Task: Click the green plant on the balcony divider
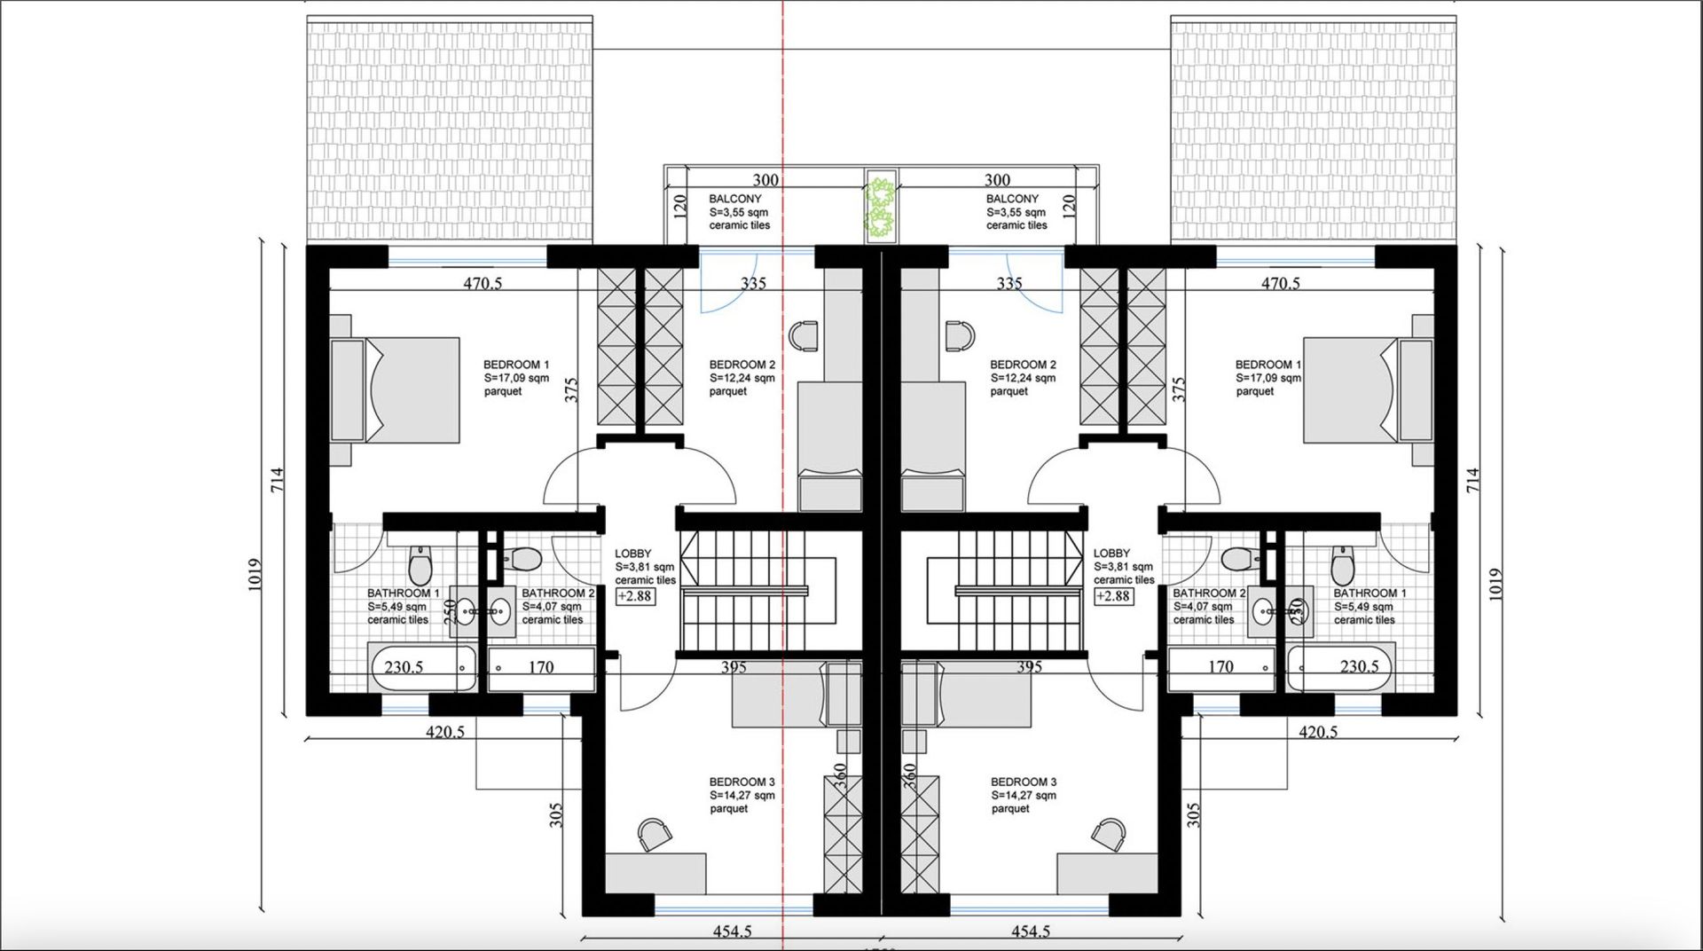coord(880,206)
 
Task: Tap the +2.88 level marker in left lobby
coord(635,596)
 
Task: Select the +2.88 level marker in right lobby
coord(1113,596)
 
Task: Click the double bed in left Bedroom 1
coord(396,389)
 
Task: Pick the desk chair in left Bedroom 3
coord(654,833)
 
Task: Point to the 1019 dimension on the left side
coord(255,577)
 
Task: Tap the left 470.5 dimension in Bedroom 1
coord(483,284)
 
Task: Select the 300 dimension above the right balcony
coord(998,180)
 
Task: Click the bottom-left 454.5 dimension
coord(733,931)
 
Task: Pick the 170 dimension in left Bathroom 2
coord(541,667)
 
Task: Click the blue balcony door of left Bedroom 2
coord(727,281)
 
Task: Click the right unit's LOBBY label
coord(1111,553)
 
